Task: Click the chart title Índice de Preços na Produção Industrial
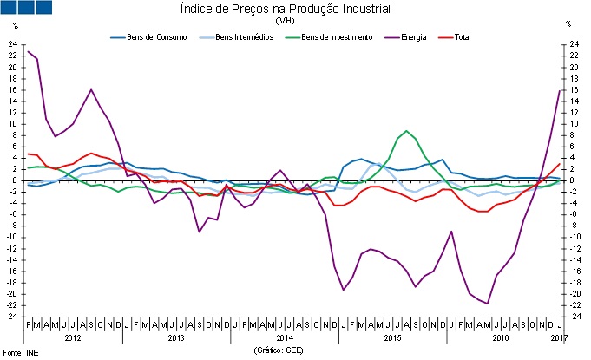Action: (x=284, y=9)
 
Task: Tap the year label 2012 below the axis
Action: (x=74, y=337)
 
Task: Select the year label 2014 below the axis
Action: (x=286, y=337)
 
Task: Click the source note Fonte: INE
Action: (x=18, y=352)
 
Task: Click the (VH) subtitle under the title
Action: (x=284, y=21)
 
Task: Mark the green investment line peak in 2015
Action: (x=406, y=131)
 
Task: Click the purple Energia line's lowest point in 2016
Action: (x=488, y=303)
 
